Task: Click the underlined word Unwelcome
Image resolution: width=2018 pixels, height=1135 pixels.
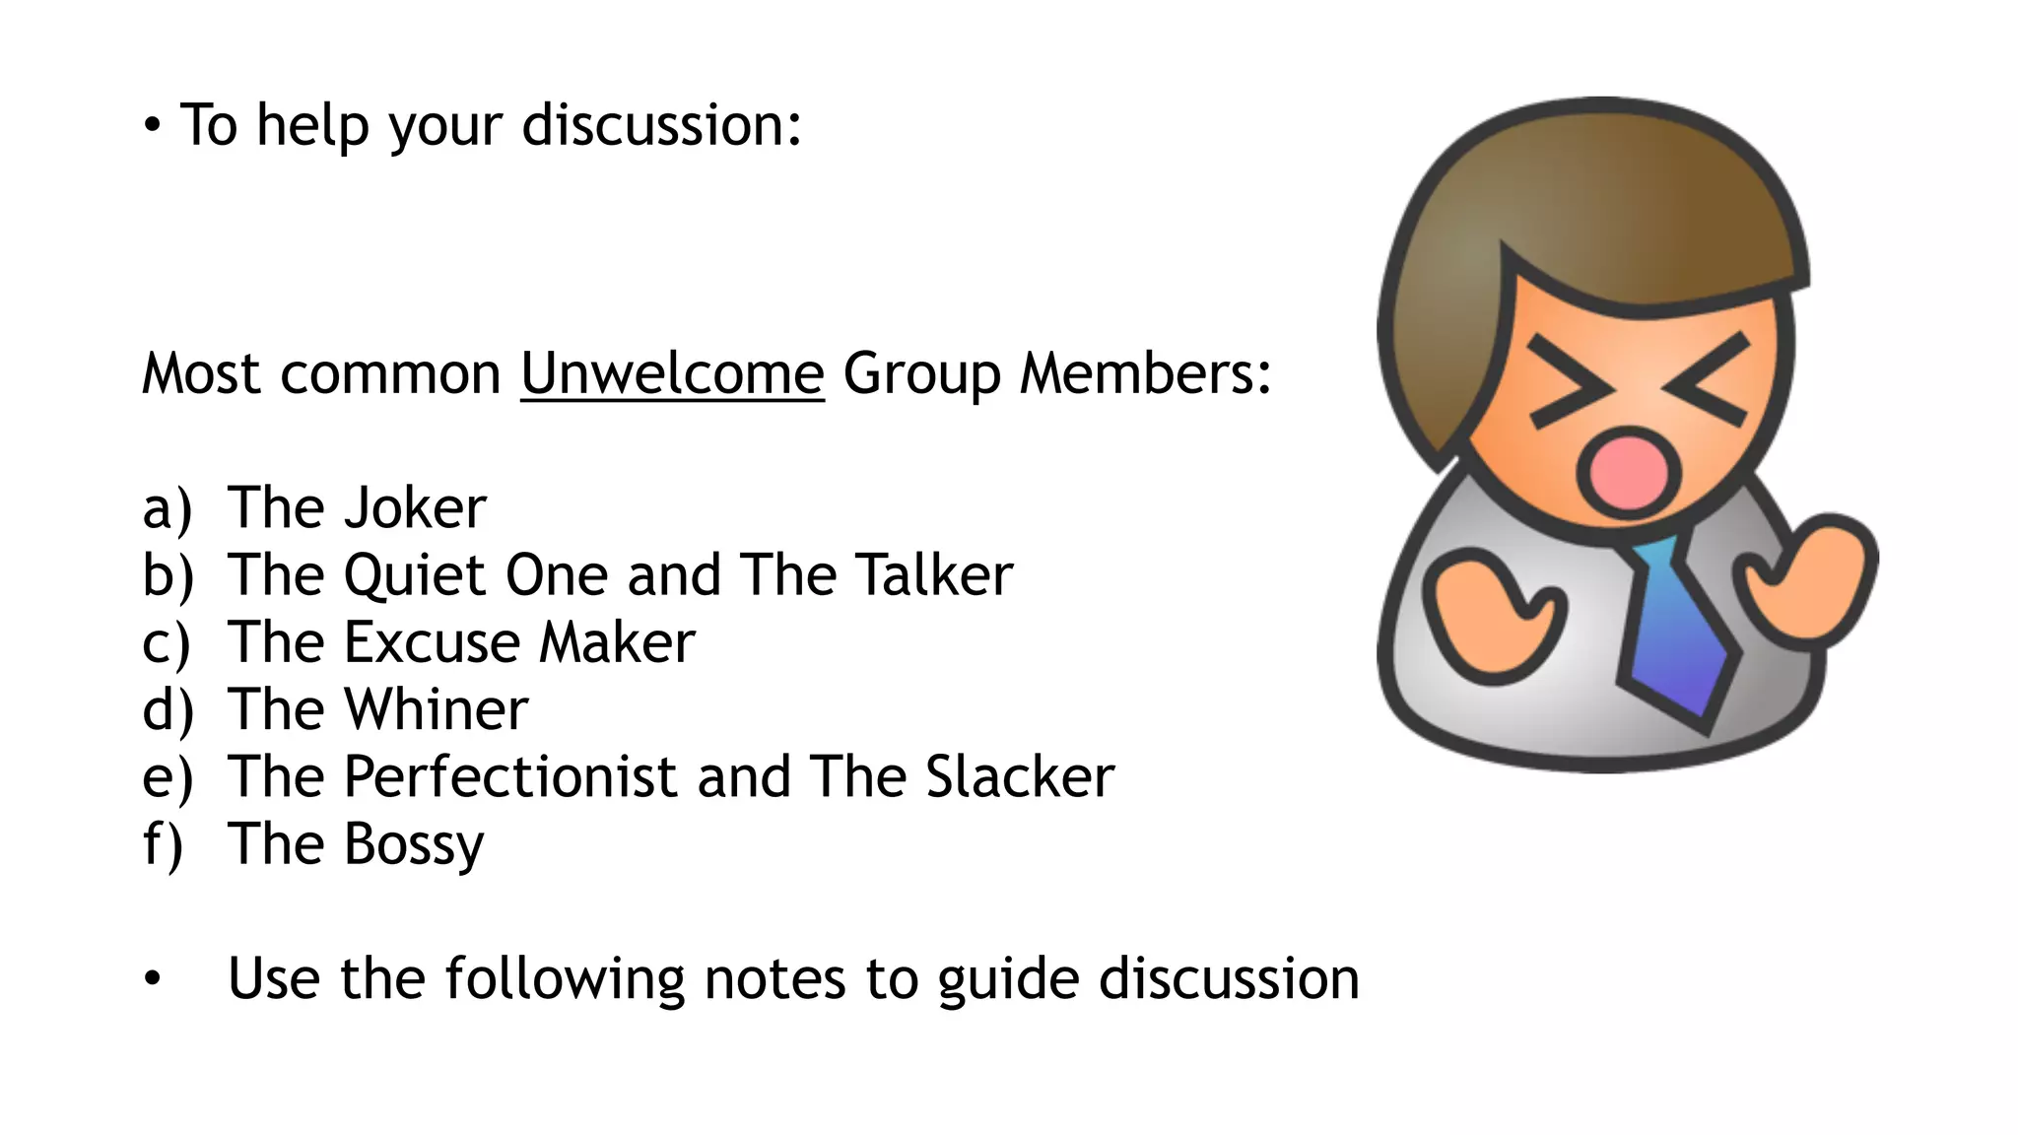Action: tap(672, 374)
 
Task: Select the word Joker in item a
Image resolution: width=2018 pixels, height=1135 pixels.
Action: tap(415, 508)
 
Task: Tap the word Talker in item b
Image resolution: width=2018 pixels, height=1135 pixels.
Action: tap(933, 575)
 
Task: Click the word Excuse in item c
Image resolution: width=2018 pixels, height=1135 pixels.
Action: tap(431, 642)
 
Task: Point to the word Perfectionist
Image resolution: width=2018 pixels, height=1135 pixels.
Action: tap(509, 777)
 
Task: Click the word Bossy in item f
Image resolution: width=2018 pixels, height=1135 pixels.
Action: tap(413, 845)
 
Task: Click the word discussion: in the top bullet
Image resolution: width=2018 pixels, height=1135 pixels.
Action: tap(661, 126)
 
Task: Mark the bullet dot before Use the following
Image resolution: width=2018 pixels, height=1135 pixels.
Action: tap(152, 979)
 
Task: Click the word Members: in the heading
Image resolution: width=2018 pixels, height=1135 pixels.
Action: tap(1145, 374)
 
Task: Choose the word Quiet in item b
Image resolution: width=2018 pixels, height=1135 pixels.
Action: tap(414, 575)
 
